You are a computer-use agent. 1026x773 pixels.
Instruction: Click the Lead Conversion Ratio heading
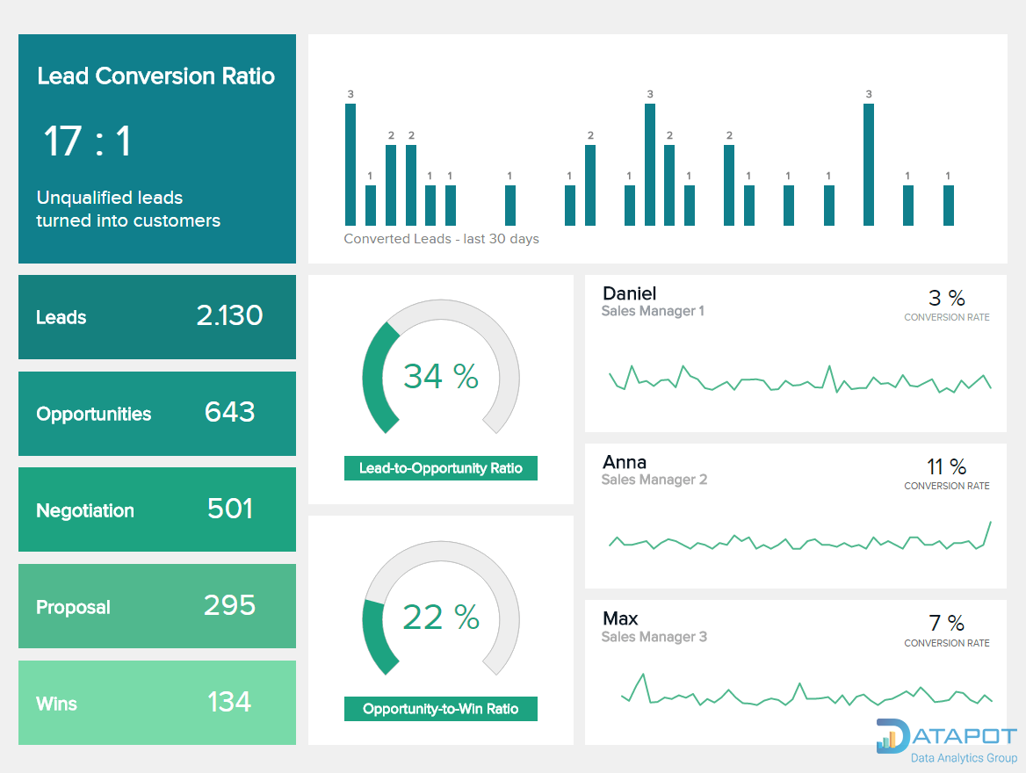[155, 76]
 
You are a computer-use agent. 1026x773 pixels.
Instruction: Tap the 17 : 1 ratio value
[87, 141]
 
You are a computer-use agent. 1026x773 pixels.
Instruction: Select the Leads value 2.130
[229, 316]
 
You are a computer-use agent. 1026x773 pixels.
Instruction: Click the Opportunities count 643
[229, 412]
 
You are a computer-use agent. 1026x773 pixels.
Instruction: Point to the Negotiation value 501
[229, 509]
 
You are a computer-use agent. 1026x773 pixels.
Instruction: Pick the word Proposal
[73, 607]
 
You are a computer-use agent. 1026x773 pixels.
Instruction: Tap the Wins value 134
[229, 702]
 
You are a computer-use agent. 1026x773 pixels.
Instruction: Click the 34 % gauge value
[440, 376]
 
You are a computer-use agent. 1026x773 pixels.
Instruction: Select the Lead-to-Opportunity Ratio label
[440, 468]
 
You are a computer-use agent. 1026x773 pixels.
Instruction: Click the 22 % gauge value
[440, 617]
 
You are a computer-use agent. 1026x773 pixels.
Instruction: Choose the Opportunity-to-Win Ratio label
[440, 709]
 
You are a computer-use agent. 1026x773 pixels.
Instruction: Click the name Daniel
[629, 293]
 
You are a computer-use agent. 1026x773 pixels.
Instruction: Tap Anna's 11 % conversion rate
[946, 466]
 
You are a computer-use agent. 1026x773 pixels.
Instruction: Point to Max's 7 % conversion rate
[946, 624]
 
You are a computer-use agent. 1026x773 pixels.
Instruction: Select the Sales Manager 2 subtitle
[654, 480]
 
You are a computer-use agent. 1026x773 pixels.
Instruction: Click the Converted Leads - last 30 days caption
[441, 239]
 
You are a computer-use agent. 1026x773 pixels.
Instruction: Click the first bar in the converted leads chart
[350, 164]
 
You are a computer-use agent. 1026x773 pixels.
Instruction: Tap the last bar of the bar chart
[949, 206]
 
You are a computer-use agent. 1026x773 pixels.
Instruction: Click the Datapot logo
[946, 740]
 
